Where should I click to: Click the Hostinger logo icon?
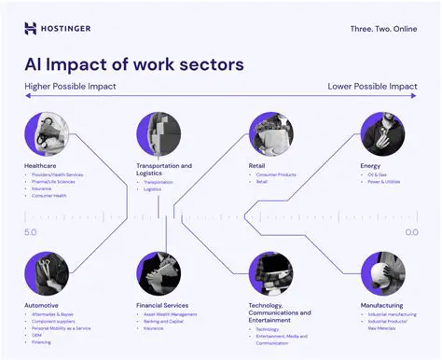pyautogui.click(x=30, y=28)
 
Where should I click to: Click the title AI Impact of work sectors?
pyautogui.click(x=134, y=64)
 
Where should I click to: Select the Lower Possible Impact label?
pyautogui.click(x=373, y=87)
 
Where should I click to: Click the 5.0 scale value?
pyautogui.click(x=31, y=231)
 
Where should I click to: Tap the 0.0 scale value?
pyautogui.click(x=411, y=231)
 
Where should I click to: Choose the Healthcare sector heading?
pyautogui.click(x=41, y=166)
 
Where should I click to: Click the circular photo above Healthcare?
pyautogui.click(x=46, y=133)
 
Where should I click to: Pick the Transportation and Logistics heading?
pyautogui.click(x=164, y=170)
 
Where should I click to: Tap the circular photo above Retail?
pyautogui.click(x=270, y=133)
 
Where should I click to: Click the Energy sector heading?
pyautogui.click(x=370, y=166)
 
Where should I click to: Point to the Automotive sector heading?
pyautogui.click(x=42, y=305)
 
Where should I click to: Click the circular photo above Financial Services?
pyautogui.click(x=159, y=273)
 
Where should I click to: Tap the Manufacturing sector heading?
pyautogui.click(x=382, y=305)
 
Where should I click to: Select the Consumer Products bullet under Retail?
pyautogui.click(x=275, y=175)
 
